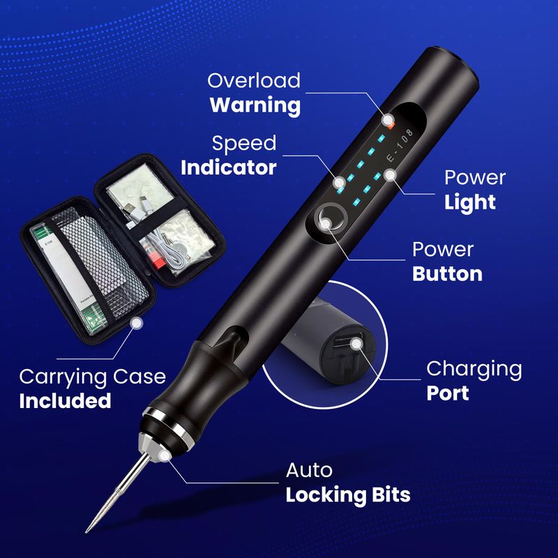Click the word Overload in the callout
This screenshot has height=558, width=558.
(254, 80)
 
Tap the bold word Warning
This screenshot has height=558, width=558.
(255, 106)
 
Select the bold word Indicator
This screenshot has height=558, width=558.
(229, 167)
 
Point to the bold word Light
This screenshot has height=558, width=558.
(469, 203)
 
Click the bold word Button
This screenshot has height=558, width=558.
(447, 274)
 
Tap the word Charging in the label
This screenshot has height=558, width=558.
(474, 370)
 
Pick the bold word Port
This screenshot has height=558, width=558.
(447, 393)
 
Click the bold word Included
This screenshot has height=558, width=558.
(65, 400)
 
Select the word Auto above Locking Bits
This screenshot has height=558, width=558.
(309, 470)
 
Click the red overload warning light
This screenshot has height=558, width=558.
(391, 125)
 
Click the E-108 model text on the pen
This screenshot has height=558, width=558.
(400, 146)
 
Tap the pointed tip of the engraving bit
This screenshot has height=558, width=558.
(86, 531)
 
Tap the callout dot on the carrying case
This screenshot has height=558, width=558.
(136, 323)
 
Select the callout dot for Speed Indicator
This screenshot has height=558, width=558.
(339, 182)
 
